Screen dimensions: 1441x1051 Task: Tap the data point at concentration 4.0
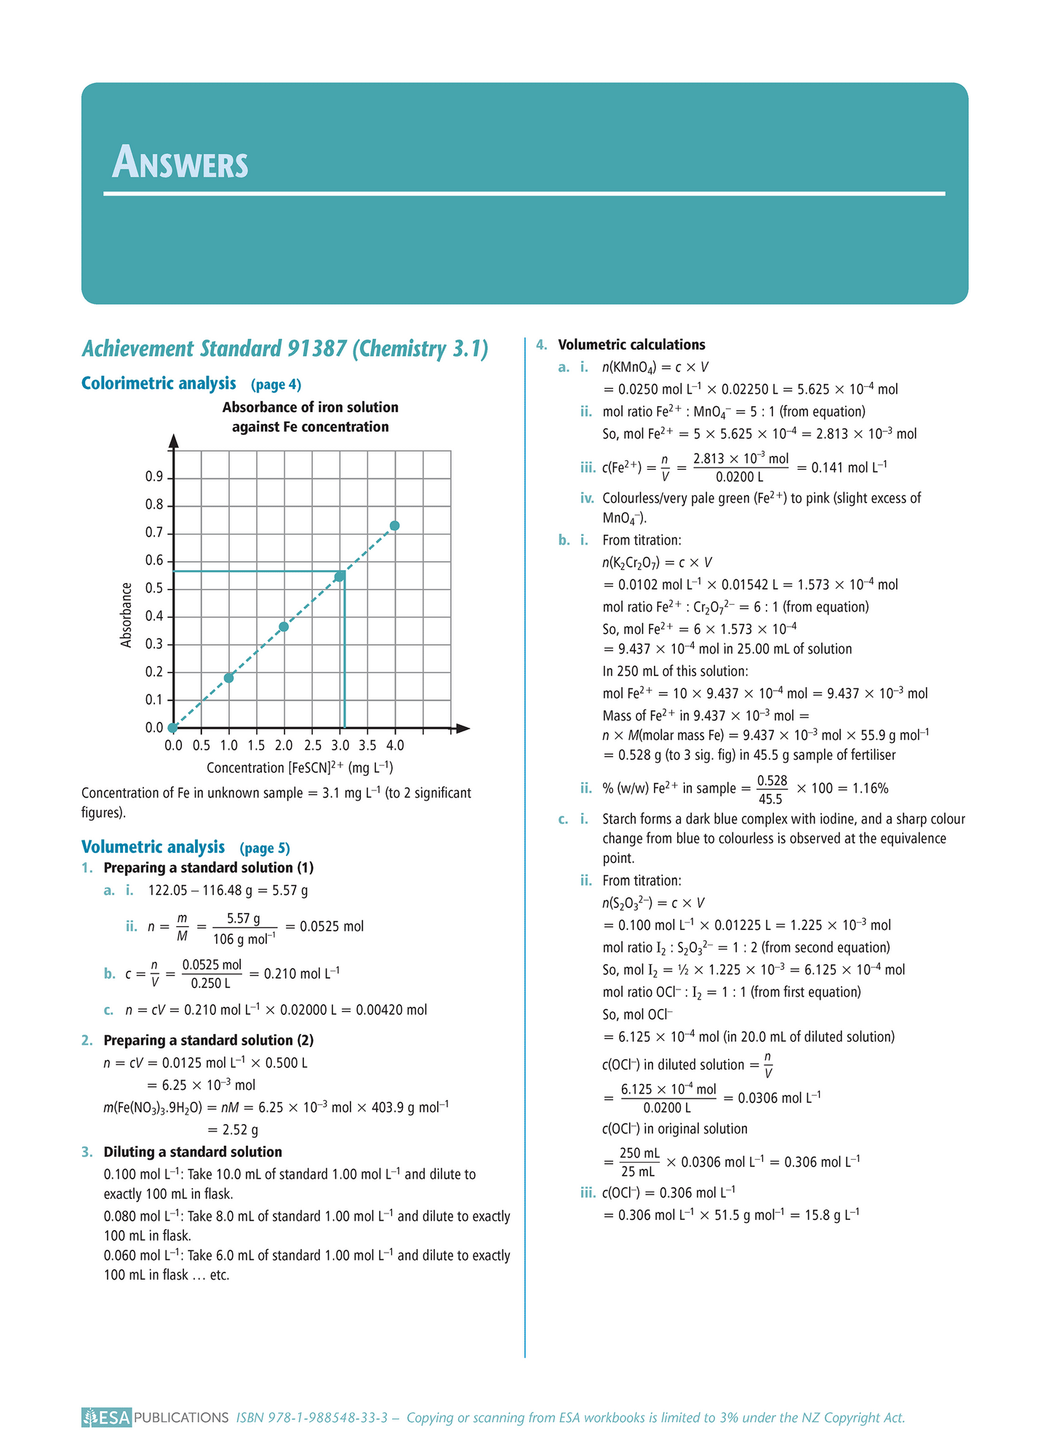tap(395, 526)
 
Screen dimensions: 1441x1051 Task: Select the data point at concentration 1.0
tap(229, 678)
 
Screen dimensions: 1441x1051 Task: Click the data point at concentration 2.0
tap(284, 627)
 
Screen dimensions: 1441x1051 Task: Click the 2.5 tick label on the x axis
tap(313, 745)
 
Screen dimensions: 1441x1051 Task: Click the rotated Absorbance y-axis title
tap(127, 615)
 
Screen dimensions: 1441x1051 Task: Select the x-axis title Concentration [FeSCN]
tap(300, 768)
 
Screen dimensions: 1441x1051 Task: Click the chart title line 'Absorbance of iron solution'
tap(311, 407)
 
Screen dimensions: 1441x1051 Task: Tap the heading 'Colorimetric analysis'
tap(159, 384)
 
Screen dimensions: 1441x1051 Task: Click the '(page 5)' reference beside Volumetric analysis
tap(265, 848)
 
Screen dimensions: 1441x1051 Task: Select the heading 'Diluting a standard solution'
tap(193, 1152)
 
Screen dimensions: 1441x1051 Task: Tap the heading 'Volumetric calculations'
tap(631, 345)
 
